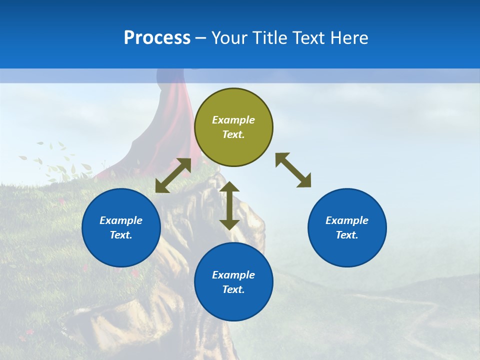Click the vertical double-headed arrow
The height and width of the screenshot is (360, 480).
pyautogui.click(x=229, y=205)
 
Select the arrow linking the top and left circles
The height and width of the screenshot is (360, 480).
pyautogui.click(x=173, y=175)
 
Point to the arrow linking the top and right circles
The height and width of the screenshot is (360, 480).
pyautogui.click(x=293, y=170)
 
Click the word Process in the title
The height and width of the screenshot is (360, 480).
pyautogui.click(x=157, y=38)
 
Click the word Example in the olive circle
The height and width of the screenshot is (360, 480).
pyautogui.click(x=233, y=120)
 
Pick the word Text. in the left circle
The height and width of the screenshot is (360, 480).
pyautogui.click(x=121, y=235)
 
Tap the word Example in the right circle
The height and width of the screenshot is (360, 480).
pyautogui.click(x=347, y=220)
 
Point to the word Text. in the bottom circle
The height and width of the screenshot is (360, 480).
pyautogui.click(x=233, y=289)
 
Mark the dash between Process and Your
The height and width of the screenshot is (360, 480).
pyautogui.click(x=200, y=38)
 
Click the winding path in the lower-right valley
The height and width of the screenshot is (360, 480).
pyautogui.click(x=420, y=320)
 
